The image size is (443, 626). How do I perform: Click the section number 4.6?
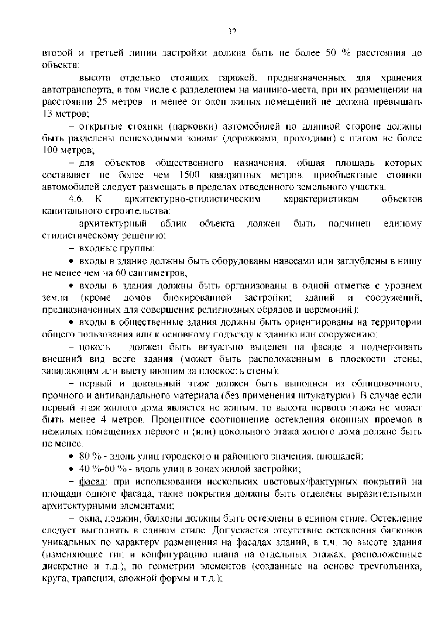[x=76, y=199]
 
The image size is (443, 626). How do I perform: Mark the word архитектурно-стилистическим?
[x=193, y=199]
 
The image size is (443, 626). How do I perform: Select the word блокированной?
[x=197, y=297]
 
